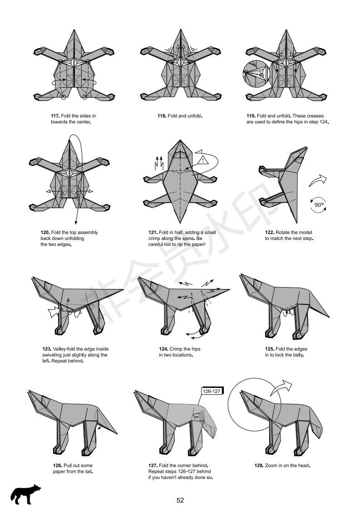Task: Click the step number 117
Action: [x=55, y=116]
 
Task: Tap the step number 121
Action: [x=153, y=232]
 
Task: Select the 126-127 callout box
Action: [x=212, y=391]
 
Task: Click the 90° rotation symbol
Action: [x=319, y=205]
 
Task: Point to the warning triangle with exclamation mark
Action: [x=203, y=160]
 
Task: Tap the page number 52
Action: [x=180, y=500]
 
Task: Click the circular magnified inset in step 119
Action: [x=256, y=73]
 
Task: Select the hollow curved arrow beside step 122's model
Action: [x=317, y=180]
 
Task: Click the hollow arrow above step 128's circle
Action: [x=281, y=387]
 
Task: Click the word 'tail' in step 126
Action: [x=89, y=472]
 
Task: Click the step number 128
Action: [x=259, y=465]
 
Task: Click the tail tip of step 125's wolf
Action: [x=329, y=317]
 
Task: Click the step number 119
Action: [x=251, y=116]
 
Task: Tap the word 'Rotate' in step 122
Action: [x=282, y=232]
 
